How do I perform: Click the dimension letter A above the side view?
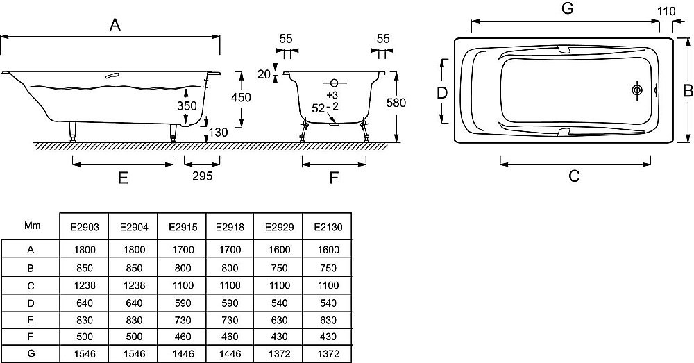click(x=115, y=25)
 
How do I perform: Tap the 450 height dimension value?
click(x=240, y=98)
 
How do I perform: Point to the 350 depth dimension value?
click(x=187, y=105)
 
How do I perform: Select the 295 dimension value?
click(x=201, y=176)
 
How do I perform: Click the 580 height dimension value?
click(x=396, y=103)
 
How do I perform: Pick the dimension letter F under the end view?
click(x=333, y=178)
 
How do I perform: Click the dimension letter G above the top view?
click(x=567, y=9)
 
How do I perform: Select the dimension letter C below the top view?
click(x=574, y=176)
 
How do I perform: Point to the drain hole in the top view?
click(x=636, y=90)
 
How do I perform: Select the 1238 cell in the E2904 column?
click(x=132, y=285)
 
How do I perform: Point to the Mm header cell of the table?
click(x=32, y=226)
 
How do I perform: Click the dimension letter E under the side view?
click(x=123, y=178)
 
